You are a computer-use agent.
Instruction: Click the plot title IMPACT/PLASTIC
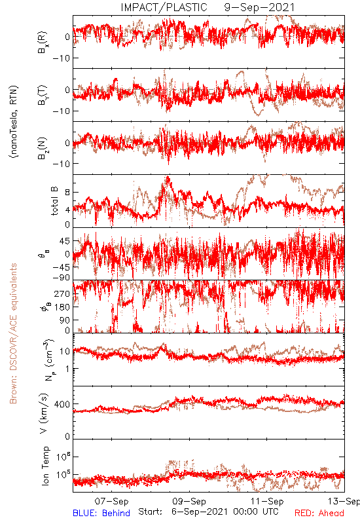tap(164, 7)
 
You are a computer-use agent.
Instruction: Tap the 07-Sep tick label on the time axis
tap(111, 501)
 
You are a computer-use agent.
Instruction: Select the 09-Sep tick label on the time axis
tap(189, 501)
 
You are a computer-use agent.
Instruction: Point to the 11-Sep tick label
tap(267, 501)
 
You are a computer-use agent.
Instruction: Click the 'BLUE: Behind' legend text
tap(101, 513)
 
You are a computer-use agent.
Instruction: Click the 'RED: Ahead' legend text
tap(319, 513)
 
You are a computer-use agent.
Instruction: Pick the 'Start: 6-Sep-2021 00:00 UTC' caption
tap(208, 512)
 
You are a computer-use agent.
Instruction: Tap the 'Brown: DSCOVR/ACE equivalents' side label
tap(13, 333)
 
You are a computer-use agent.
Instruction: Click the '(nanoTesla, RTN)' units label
tap(14, 122)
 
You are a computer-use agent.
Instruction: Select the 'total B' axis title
tap(54, 201)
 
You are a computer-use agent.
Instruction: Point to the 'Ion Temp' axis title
tap(45, 466)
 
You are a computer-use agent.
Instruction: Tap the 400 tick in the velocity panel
tap(62, 404)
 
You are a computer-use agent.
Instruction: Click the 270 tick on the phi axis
tap(62, 293)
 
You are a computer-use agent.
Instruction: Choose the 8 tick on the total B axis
tap(67, 192)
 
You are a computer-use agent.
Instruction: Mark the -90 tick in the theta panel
tap(61, 278)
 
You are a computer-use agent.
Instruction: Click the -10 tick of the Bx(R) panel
tap(61, 58)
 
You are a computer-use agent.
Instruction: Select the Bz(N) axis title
tap(43, 147)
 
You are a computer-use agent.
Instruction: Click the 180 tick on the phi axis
tap(62, 307)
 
